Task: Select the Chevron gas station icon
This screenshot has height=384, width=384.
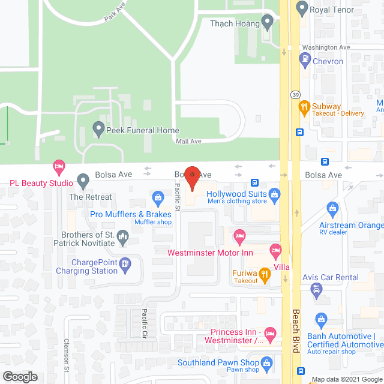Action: (305, 59)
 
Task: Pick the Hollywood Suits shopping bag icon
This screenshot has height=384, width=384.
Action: (275, 194)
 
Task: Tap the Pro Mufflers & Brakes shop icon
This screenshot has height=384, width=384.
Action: (158, 197)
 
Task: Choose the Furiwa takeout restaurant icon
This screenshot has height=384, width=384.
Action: (265, 274)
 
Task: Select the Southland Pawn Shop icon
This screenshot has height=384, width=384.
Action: (268, 362)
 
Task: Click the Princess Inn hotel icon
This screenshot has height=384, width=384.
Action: (270, 332)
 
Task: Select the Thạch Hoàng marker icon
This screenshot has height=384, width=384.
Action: (268, 23)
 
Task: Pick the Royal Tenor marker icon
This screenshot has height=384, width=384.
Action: (302, 8)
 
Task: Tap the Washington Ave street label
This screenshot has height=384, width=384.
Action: (325, 47)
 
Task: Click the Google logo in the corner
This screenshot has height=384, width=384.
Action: (20, 377)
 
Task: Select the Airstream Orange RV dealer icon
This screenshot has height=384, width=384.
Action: (332, 209)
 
